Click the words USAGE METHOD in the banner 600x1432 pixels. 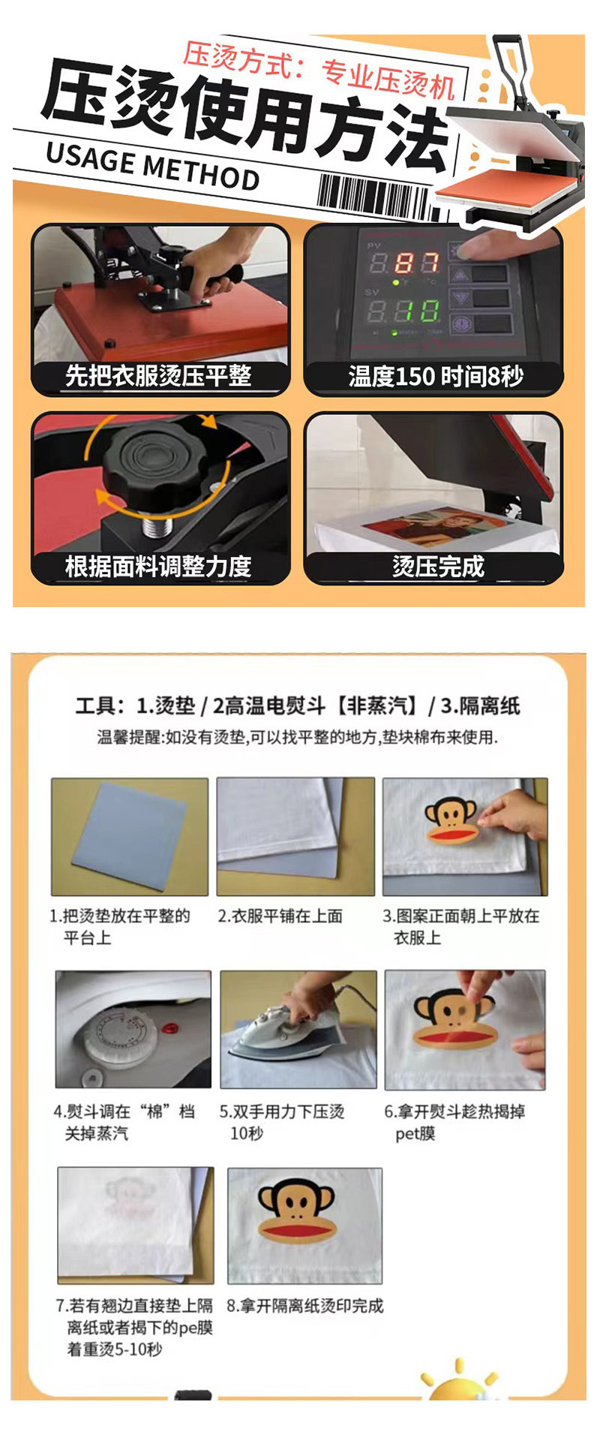click(152, 165)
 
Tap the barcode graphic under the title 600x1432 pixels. click(373, 196)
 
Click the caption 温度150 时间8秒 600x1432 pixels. click(435, 376)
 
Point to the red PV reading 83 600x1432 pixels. click(415, 263)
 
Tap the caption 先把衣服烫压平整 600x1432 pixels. click(158, 375)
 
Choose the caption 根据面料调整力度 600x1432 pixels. click(158, 566)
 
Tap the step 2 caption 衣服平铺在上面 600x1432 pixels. click(280, 916)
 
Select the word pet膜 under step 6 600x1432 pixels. click(415, 1133)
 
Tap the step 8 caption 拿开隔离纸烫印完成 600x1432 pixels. click(304, 1306)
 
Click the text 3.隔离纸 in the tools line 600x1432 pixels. click(480, 705)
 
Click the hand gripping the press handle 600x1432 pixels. click(217, 266)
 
